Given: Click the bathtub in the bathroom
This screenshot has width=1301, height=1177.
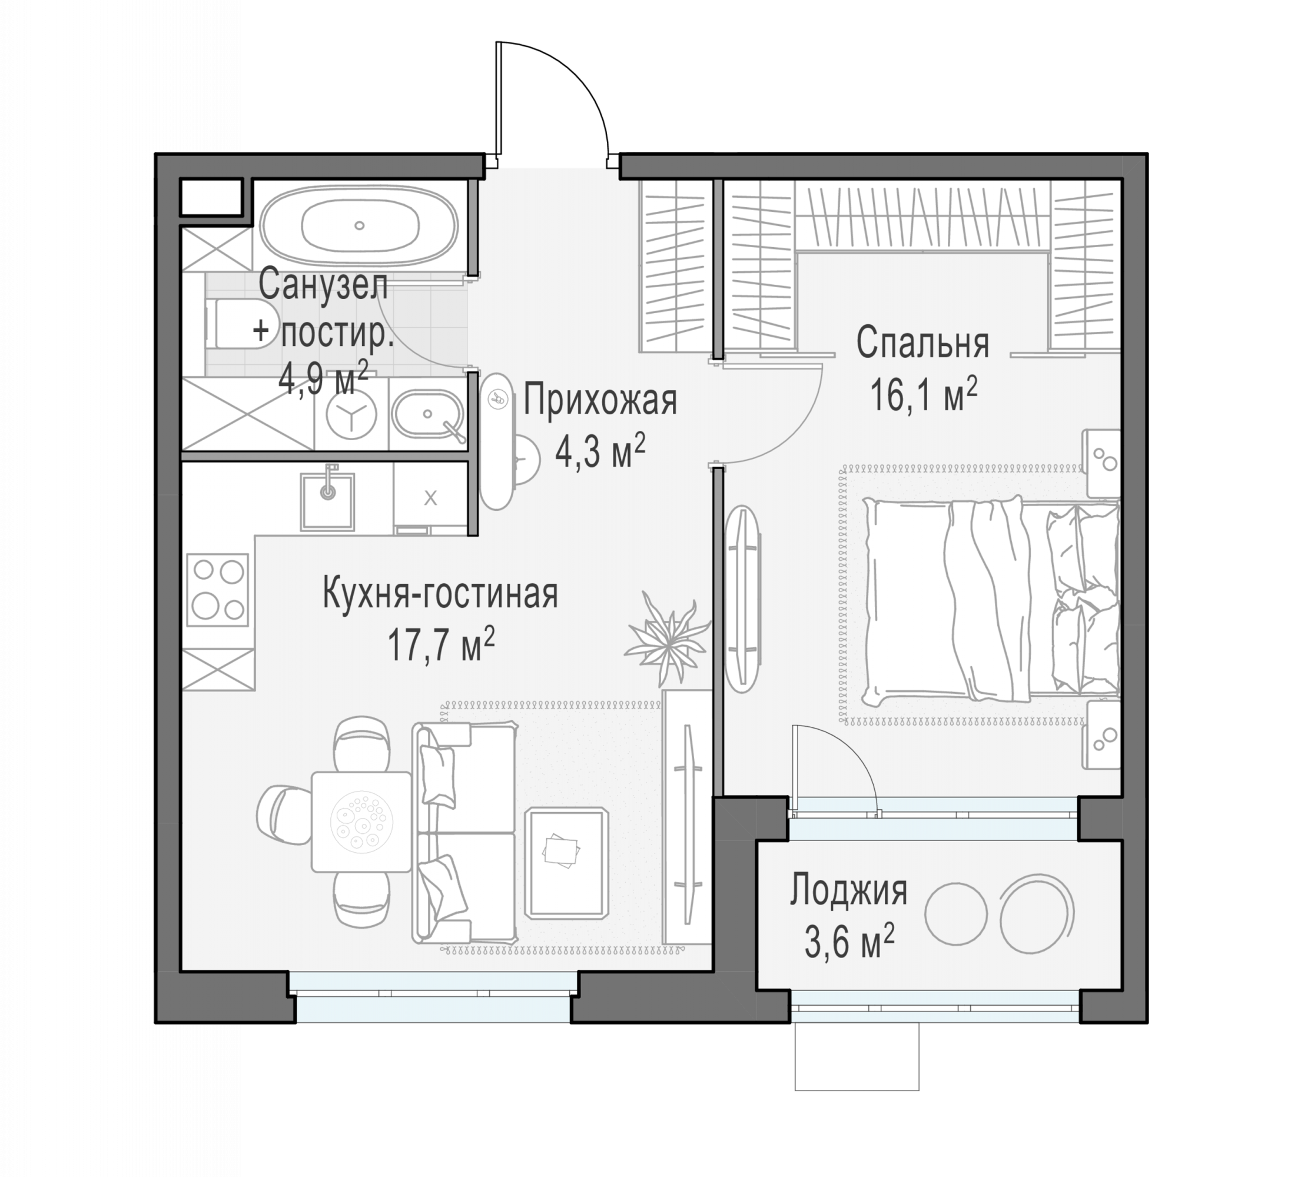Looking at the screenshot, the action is [360, 225].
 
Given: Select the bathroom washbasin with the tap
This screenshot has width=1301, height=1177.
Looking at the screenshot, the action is [428, 415].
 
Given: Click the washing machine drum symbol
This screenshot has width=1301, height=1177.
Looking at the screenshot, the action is [351, 415].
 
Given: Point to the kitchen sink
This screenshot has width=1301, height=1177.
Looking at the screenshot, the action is [327, 501].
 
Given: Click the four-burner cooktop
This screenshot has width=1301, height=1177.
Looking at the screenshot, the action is [217, 589].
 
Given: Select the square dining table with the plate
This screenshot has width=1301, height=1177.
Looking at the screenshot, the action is [361, 822].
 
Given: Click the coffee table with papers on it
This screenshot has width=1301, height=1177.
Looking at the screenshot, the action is [566, 863].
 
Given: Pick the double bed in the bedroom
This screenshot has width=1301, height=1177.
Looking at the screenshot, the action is [991, 599].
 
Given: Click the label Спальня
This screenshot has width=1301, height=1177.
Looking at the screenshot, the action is [923, 343].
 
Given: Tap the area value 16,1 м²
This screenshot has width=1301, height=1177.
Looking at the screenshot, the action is [924, 394].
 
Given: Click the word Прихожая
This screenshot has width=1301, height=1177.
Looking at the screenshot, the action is [600, 401].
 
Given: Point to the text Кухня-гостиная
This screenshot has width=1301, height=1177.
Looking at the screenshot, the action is [440, 594].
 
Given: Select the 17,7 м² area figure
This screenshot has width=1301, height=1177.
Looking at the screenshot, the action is [441, 644].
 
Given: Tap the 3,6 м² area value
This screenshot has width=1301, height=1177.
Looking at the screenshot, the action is [849, 942].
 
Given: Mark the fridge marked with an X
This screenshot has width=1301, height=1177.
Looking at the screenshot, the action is [430, 497].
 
